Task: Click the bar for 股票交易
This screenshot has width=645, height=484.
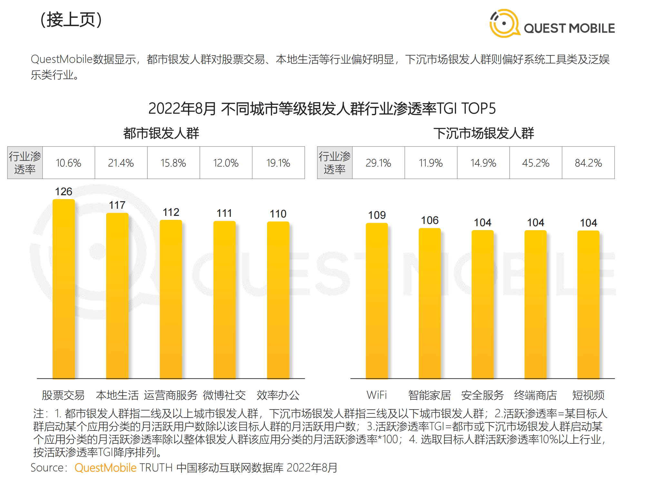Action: point(64,289)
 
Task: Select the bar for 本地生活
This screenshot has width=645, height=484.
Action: point(117,295)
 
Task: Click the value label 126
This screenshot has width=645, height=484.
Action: point(64,192)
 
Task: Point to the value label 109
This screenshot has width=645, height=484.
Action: point(377,215)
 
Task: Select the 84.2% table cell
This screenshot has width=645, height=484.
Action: point(588,163)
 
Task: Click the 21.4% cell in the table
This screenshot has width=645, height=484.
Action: point(121,163)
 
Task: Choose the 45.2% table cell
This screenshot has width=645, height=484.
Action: point(536,163)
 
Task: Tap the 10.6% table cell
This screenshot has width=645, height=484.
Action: point(68,163)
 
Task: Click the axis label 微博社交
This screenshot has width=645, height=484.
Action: point(224,395)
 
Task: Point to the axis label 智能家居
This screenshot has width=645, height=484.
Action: point(430,395)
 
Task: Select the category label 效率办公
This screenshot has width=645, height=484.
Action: point(278,395)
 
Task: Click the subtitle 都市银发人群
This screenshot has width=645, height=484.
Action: point(161,133)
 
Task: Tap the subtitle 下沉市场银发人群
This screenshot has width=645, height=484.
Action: point(484,133)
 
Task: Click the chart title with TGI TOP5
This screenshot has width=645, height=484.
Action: point(322,108)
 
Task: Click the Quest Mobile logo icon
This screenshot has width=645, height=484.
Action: point(504,23)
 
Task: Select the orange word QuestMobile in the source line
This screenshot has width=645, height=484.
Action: point(105,468)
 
